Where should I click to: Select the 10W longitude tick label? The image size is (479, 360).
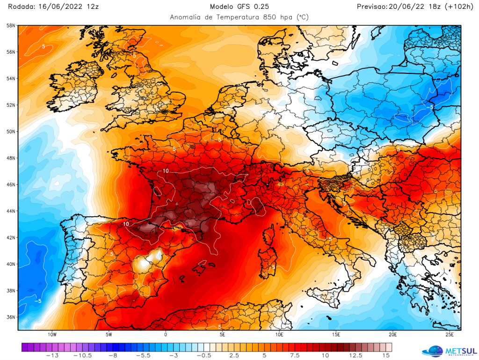coord(52,335)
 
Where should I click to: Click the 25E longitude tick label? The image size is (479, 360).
coord(449,335)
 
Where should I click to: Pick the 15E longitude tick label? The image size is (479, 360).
coord(336,335)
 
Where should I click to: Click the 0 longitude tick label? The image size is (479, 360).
coord(166,335)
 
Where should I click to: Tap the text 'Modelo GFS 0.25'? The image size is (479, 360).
coord(239,7)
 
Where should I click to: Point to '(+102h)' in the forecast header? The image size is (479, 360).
coord(458,7)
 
